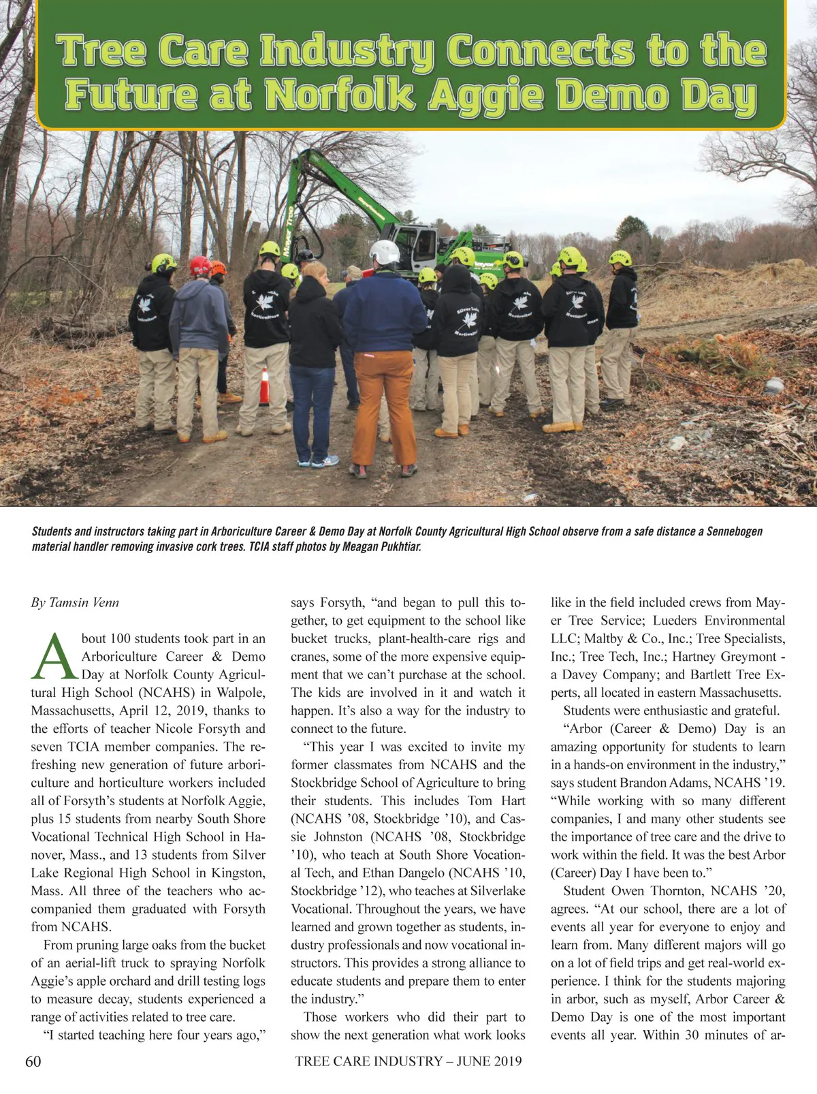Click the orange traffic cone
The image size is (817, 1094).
tap(264, 387)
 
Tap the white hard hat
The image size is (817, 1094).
tap(385, 253)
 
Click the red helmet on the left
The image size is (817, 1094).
tap(199, 265)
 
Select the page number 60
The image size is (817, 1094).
tap(33, 1061)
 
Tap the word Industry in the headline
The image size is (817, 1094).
tap(347, 51)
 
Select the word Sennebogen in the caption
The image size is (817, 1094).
tap(734, 531)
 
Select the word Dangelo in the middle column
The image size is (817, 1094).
tap(404, 873)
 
